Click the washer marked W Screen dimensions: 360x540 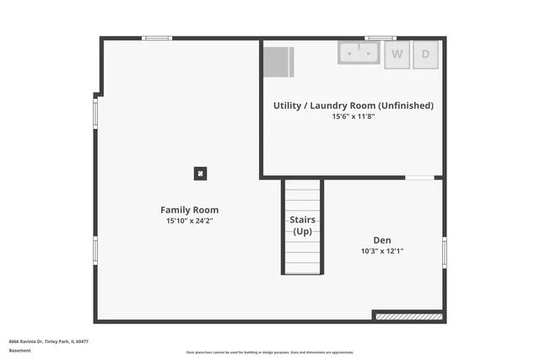point(397,54)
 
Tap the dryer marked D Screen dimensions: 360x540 point(425,54)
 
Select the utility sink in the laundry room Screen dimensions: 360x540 point(359,53)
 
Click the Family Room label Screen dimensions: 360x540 point(189,210)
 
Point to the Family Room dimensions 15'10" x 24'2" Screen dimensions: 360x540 point(189,221)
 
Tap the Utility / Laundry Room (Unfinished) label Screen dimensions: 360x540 point(353,105)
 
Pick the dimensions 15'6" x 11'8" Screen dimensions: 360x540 point(353,116)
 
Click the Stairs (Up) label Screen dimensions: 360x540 point(302,225)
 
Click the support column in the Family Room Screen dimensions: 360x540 point(200,174)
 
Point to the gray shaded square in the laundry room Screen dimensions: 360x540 point(278,62)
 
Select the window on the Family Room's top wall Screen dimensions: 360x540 point(156,38)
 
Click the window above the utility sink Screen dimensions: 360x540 point(380,38)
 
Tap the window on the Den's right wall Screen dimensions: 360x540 point(444,251)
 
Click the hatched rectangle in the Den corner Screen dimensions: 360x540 point(409,316)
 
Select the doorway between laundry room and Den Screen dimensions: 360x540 point(419,178)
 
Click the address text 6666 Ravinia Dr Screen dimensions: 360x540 point(49,341)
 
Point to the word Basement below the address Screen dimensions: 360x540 point(19,351)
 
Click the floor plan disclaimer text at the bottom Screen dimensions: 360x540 point(269,352)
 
